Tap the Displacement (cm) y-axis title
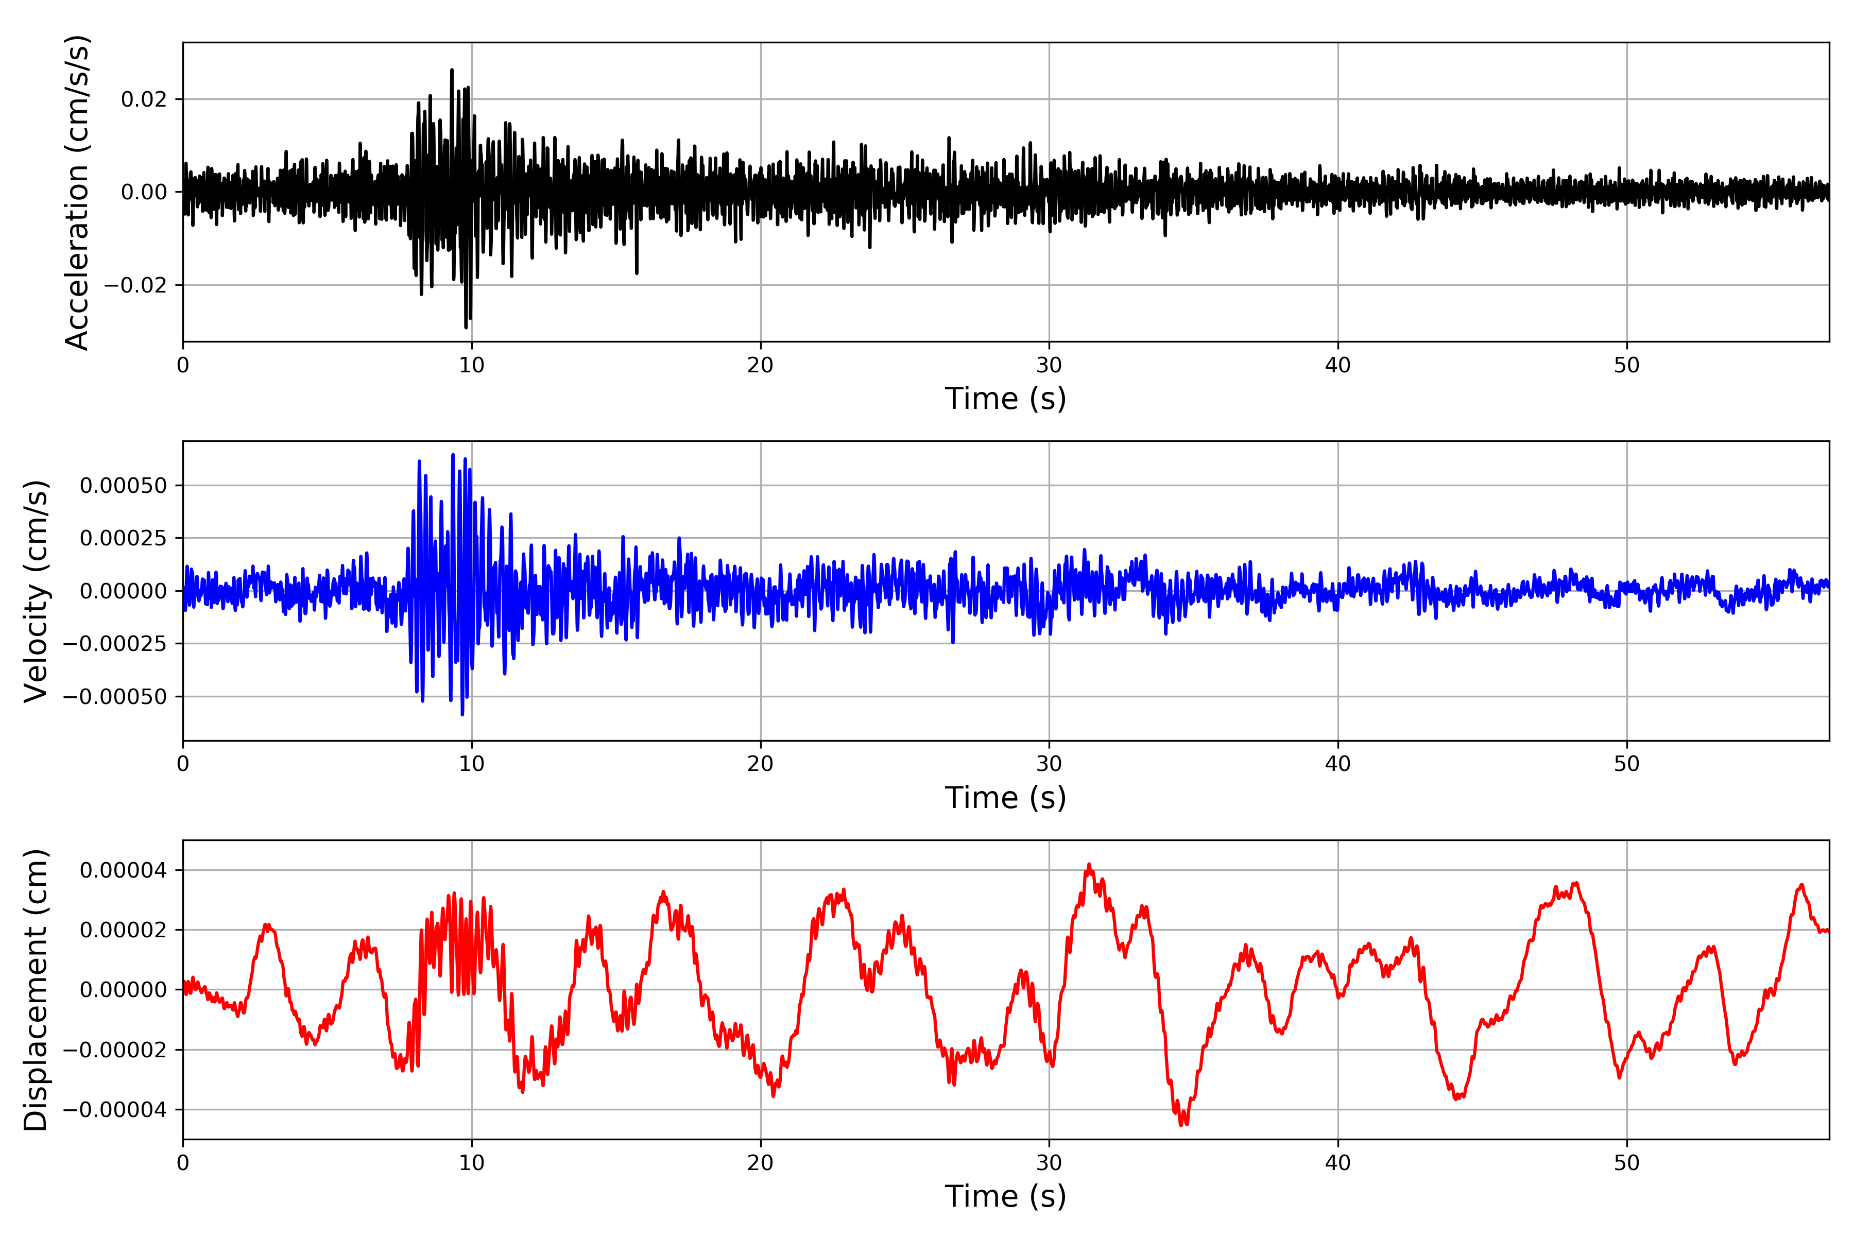pos(36,990)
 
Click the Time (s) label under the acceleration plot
pos(1005,399)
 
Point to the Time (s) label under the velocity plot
pos(1005,798)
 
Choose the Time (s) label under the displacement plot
pos(1005,1196)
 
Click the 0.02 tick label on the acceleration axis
pos(144,99)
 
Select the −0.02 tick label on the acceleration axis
pos(135,285)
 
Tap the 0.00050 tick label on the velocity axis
pos(123,486)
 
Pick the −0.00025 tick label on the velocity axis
pos(115,644)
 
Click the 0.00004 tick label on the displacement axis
pos(123,870)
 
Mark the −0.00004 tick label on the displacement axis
pos(115,1110)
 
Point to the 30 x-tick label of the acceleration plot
pos(1049,366)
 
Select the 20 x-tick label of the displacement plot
pos(761,1163)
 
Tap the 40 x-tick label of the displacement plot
pos(1337,1163)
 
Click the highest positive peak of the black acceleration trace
pos(452,70)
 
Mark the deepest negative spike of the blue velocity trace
pos(462,714)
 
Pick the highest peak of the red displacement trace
pos(1089,865)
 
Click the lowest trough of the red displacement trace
pos(1182,1124)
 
